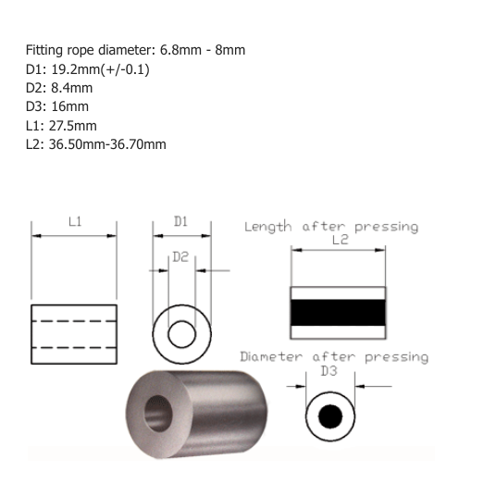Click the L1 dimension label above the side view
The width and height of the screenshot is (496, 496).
tap(75, 222)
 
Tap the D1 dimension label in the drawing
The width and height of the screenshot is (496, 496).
tap(181, 221)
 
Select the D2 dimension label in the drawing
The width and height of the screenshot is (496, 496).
tap(180, 257)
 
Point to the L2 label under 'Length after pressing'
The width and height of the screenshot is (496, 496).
tap(340, 240)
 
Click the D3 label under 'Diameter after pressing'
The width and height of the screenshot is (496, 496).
tap(329, 371)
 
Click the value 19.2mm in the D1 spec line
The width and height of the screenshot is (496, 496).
tap(76, 69)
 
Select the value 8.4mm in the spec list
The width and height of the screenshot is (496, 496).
tap(72, 88)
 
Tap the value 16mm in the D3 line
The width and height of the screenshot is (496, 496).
tap(70, 106)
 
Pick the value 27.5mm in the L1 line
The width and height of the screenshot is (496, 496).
tap(73, 126)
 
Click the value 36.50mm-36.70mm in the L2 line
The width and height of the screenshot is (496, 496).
tap(107, 144)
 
